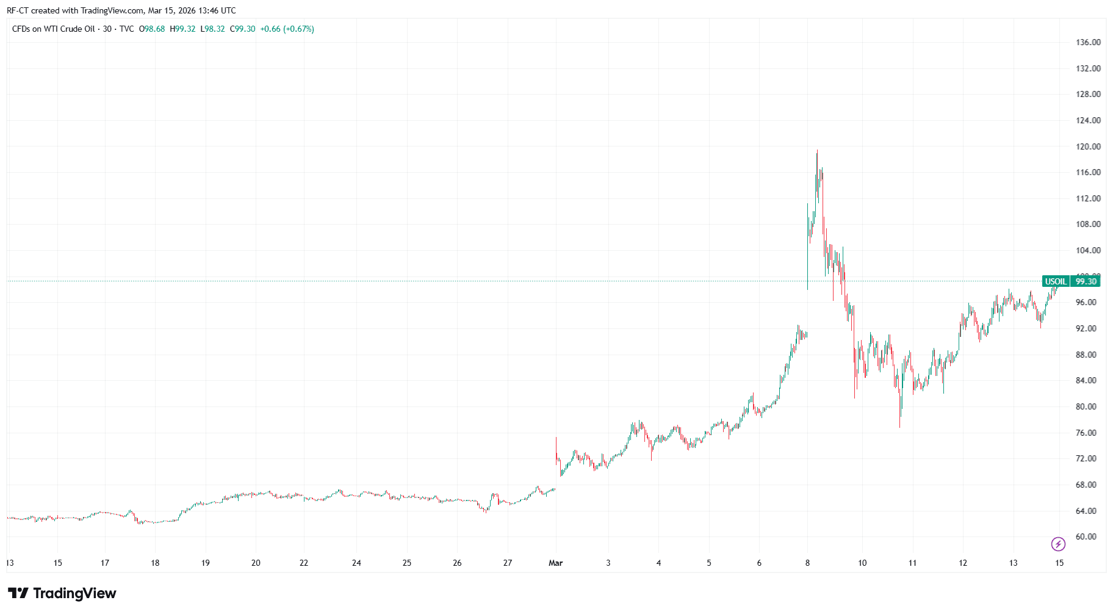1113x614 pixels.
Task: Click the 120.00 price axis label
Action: pyautogui.click(x=1088, y=146)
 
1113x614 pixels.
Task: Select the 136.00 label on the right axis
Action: pyautogui.click(x=1088, y=43)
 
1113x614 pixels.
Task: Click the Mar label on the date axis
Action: pyautogui.click(x=555, y=563)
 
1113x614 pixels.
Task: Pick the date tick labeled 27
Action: pyautogui.click(x=508, y=563)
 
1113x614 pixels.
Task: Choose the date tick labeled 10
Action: pyautogui.click(x=862, y=563)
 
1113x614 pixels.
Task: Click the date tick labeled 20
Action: pyautogui.click(x=256, y=563)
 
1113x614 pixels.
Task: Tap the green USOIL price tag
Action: pyautogui.click(x=1056, y=281)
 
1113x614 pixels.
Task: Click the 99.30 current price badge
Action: pyautogui.click(x=1086, y=281)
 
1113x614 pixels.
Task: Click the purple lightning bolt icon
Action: pyautogui.click(x=1058, y=544)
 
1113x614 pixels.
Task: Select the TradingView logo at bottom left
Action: pyautogui.click(x=62, y=593)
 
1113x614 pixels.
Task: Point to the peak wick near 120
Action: pyautogui.click(x=817, y=151)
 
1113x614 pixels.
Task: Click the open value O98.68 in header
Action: pyautogui.click(x=152, y=29)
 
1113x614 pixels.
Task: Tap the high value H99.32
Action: pyautogui.click(x=182, y=29)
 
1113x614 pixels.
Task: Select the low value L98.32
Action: pyautogui.click(x=212, y=29)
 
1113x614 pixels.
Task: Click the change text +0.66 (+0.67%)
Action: pyautogui.click(x=287, y=29)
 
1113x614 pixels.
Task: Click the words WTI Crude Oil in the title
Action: pyautogui.click(x=69, y=29)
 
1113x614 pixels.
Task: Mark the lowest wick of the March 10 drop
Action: pyautogui.click(x=899, y=426)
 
